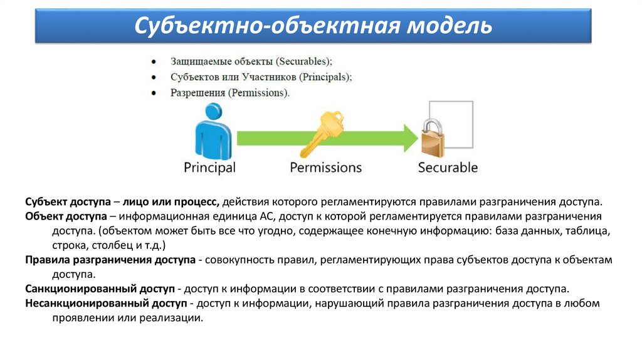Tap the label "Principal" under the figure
point(209,167)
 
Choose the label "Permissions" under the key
point(325,167)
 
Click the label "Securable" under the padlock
point(448,167)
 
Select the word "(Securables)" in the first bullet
point(303,61)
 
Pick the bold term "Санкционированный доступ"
point(100,289)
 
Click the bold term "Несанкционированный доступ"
point(106,304)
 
